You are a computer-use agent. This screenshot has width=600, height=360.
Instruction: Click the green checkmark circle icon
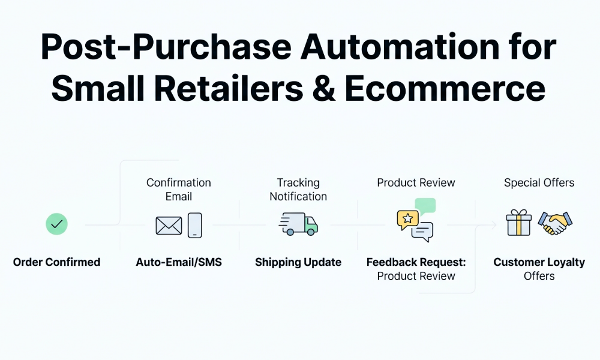point(56,225)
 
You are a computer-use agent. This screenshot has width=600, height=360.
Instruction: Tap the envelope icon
point(169,226)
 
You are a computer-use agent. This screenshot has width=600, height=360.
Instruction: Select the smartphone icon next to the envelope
point(195,225)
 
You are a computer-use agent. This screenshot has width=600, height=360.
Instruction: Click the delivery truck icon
point(298,223)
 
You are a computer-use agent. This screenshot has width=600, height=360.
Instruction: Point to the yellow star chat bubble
point(407,219)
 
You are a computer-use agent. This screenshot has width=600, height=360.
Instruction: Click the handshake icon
point(555,223)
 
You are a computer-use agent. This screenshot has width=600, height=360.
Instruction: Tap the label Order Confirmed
point(56,262)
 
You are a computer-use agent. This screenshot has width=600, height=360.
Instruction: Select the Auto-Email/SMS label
point(179,262)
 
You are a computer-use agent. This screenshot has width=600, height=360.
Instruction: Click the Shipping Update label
point(298,262)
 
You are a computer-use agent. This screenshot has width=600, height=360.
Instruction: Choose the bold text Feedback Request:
point(416,262)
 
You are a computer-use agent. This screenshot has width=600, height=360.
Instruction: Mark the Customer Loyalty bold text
point(539,262)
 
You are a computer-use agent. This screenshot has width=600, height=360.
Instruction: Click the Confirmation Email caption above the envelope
point(179,189)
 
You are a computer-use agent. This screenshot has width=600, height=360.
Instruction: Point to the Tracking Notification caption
point(298,189)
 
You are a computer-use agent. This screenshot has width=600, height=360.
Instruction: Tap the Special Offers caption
point(539,182)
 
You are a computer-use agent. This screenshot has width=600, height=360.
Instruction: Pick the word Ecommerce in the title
point(445,89)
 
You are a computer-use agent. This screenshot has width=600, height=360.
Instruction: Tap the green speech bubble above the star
point(425,206)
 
